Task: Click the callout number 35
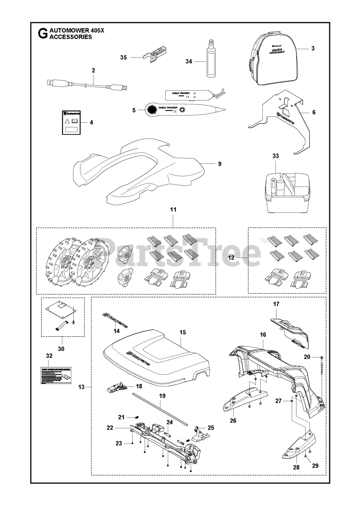pyautogui.click(x=123, y=58)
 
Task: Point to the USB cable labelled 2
pyautogui.click(x=87, y=85)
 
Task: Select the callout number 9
pyautogui.click(x=220, y=163)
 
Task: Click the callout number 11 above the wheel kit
pyautogui.click(x=173, y=209)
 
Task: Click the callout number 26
pyautogui.click(x=233, y=420)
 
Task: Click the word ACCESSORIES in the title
pyautogui.click(x=71, y=37)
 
